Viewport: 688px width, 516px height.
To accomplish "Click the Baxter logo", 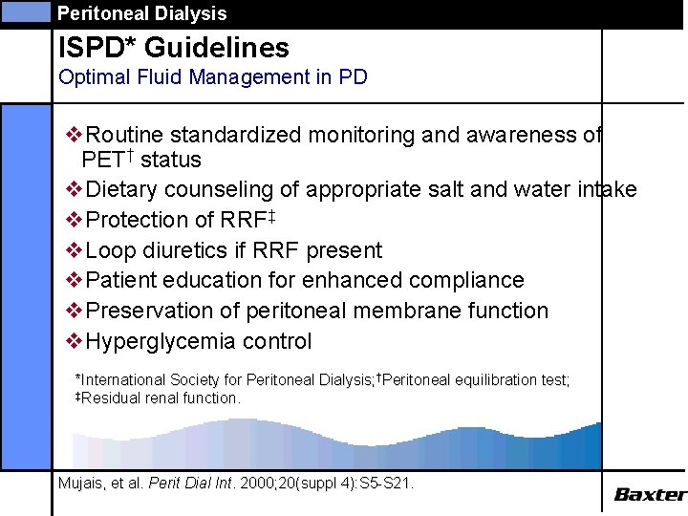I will (x=650, y=494).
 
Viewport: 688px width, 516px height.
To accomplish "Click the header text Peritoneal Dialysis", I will (x=141, y=13).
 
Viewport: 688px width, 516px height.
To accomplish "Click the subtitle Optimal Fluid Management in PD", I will (x=213, y=76).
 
